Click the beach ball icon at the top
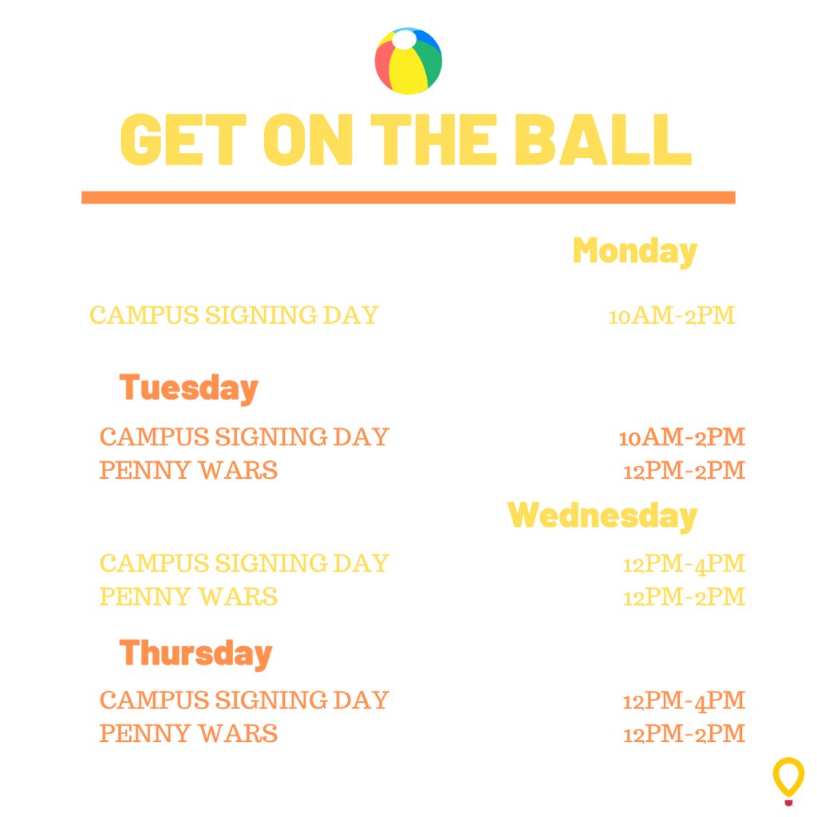(408, 61)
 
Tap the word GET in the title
(183, 140)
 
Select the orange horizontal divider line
(408, 197)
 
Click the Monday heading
(634, 251)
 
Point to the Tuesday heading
(188, 388)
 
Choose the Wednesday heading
(602, 515)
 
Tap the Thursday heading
(195, 653)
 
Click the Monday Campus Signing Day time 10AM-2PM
(671, 316)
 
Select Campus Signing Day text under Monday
(234, 315)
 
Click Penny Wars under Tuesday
(188, 470)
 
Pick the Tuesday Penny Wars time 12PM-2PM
(684, 471)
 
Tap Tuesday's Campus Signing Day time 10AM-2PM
(681, 437)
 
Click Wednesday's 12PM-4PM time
(684, 564)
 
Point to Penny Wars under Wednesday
(188, 596)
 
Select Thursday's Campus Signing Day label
(243, 700)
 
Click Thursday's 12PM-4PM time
(684, 701)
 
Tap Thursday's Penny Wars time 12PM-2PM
(684, 733)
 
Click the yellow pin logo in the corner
(788, 780)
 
